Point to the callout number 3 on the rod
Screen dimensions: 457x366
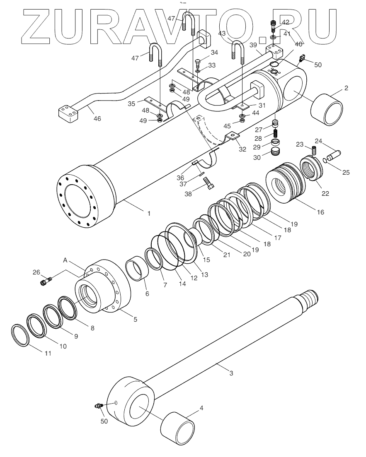click(231, 373)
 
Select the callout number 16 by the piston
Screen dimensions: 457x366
click(320, 212)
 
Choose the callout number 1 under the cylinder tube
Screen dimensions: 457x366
click(148, 214)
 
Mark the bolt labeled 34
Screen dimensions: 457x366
click(197, 63)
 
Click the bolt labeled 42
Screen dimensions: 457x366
click(273, 26)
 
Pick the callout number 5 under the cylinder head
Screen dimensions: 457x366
click(135, 319)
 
